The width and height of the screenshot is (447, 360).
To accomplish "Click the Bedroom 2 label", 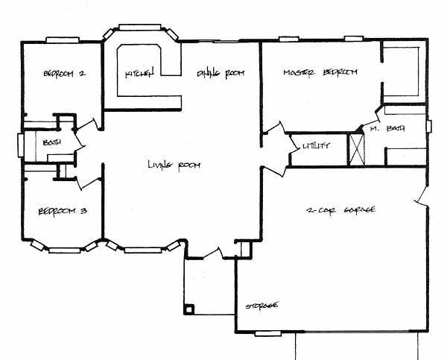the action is pos(64,74).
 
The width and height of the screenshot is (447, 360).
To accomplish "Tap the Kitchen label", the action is pos(140,73).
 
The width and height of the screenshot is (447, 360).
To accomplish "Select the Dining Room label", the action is pos(221,73).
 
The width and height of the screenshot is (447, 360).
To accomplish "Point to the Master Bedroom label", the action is pos(320,72).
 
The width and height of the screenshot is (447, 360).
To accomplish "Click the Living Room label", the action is pos(174,165).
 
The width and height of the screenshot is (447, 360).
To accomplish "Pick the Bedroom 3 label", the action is pos(63,212).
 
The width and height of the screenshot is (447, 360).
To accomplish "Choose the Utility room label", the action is pos(316,146).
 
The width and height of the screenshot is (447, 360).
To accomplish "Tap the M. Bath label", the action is pos(387,129).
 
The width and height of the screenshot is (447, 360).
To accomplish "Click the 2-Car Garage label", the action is pos(340,210).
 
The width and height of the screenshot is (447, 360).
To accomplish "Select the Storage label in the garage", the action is pos(261,306).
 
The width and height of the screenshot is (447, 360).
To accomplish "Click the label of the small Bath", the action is pos(52,142).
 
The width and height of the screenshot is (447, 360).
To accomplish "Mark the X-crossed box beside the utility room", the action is pos(357,149).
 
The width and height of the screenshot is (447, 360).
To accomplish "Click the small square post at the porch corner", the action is pos(189,309).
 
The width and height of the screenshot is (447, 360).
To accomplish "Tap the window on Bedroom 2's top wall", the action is pos(63,40).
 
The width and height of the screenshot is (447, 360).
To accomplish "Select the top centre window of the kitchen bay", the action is pos(140,28).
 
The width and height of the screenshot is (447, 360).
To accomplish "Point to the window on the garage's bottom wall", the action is pos(268,333).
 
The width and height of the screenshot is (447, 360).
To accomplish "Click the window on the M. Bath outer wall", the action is pos(429,126).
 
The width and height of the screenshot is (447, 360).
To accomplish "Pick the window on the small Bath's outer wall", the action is pos(21,145).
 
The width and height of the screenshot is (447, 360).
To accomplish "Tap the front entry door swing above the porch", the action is pos(213,253).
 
